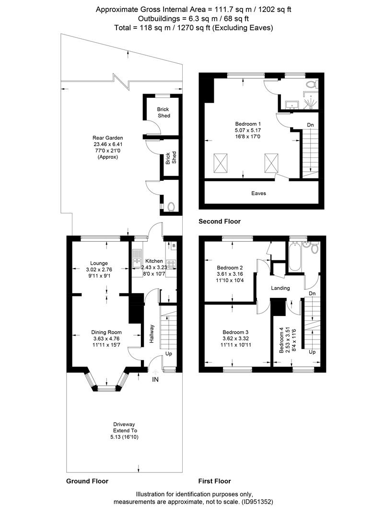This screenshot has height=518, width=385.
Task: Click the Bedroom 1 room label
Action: [x=248, y=124]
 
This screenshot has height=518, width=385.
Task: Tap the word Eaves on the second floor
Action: [x=258, y=193]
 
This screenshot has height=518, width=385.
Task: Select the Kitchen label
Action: [x=154, y=261]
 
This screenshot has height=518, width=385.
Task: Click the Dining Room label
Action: [x=106, y=332]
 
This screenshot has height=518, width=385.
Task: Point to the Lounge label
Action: [x=99, y=263]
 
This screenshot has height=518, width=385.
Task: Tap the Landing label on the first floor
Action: [x=280, y=288]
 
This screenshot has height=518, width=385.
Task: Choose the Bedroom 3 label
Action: [x=235, y=332]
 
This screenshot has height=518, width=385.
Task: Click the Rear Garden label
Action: [x=108, y=138]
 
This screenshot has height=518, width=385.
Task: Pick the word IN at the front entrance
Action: [x=155, y=379]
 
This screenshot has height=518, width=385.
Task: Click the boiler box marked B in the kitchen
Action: [x=174, y=246]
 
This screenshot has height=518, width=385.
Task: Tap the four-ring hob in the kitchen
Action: [x=171, y=264]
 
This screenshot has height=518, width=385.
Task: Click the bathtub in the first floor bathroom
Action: [x=294, y=257]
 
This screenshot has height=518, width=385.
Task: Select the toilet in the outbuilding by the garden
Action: [x=171, y=207]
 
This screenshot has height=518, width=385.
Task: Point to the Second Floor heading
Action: [x=220, y=221]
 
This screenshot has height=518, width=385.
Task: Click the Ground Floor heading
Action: [x=87, y=481]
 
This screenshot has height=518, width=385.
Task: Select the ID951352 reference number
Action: [x=257, y=502]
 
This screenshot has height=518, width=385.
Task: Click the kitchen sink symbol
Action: [x=136, y=259]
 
